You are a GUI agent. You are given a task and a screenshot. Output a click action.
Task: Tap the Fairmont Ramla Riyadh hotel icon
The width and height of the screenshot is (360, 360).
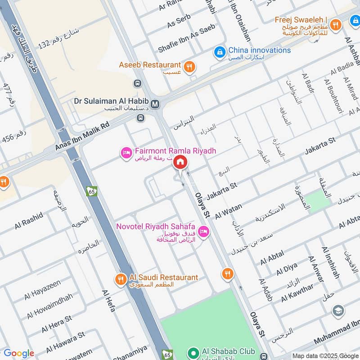[126, 154]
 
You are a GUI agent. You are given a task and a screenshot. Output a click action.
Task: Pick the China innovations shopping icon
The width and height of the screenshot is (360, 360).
[220, 52]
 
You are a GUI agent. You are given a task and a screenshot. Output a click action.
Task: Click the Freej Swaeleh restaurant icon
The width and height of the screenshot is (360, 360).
[335, 26]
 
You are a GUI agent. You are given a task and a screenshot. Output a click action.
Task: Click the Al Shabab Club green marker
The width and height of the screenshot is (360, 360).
[194, 352]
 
